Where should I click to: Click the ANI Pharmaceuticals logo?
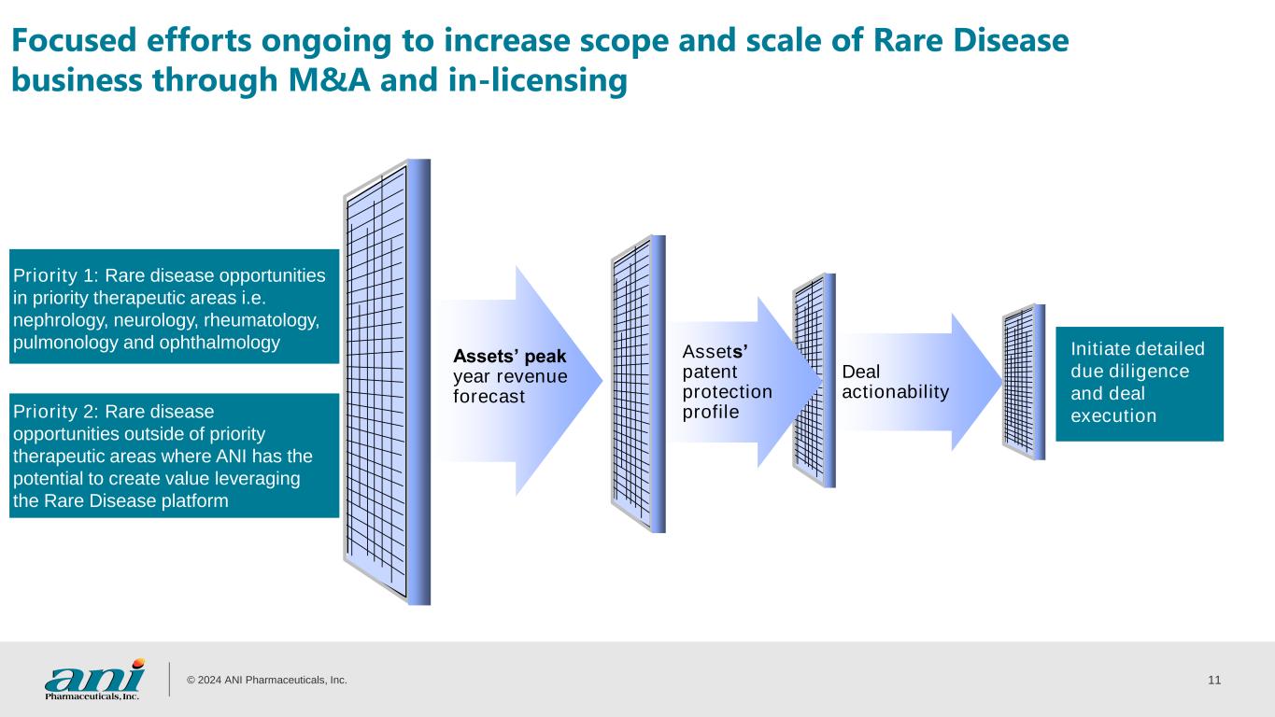[94, 679]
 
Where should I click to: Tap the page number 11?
[1214, 680]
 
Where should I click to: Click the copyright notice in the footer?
[267, 681]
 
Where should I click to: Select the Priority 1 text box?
[173, 306]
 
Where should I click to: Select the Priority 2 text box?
[173, 456]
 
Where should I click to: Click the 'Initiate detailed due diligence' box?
[1139, 383]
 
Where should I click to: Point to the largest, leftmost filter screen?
[386, 383]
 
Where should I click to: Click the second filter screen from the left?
[638, 384]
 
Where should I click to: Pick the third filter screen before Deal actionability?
[813, 380]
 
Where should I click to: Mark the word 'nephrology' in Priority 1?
[50, 320]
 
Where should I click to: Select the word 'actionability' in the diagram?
[895, 391]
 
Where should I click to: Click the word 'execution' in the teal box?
[1112, 415]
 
